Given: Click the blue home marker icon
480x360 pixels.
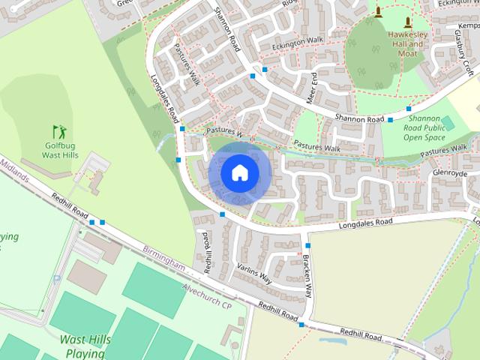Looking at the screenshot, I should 239,173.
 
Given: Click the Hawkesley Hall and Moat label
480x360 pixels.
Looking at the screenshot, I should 407,44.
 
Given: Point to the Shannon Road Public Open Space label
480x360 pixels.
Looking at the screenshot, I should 424,127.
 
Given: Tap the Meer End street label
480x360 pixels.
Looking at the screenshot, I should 312,87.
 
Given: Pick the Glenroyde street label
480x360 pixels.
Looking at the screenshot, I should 449,173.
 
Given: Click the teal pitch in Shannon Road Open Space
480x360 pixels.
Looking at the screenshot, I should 448,122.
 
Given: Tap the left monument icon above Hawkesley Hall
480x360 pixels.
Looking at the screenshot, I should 378,11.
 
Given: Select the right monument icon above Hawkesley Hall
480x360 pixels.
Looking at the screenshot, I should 407,21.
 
